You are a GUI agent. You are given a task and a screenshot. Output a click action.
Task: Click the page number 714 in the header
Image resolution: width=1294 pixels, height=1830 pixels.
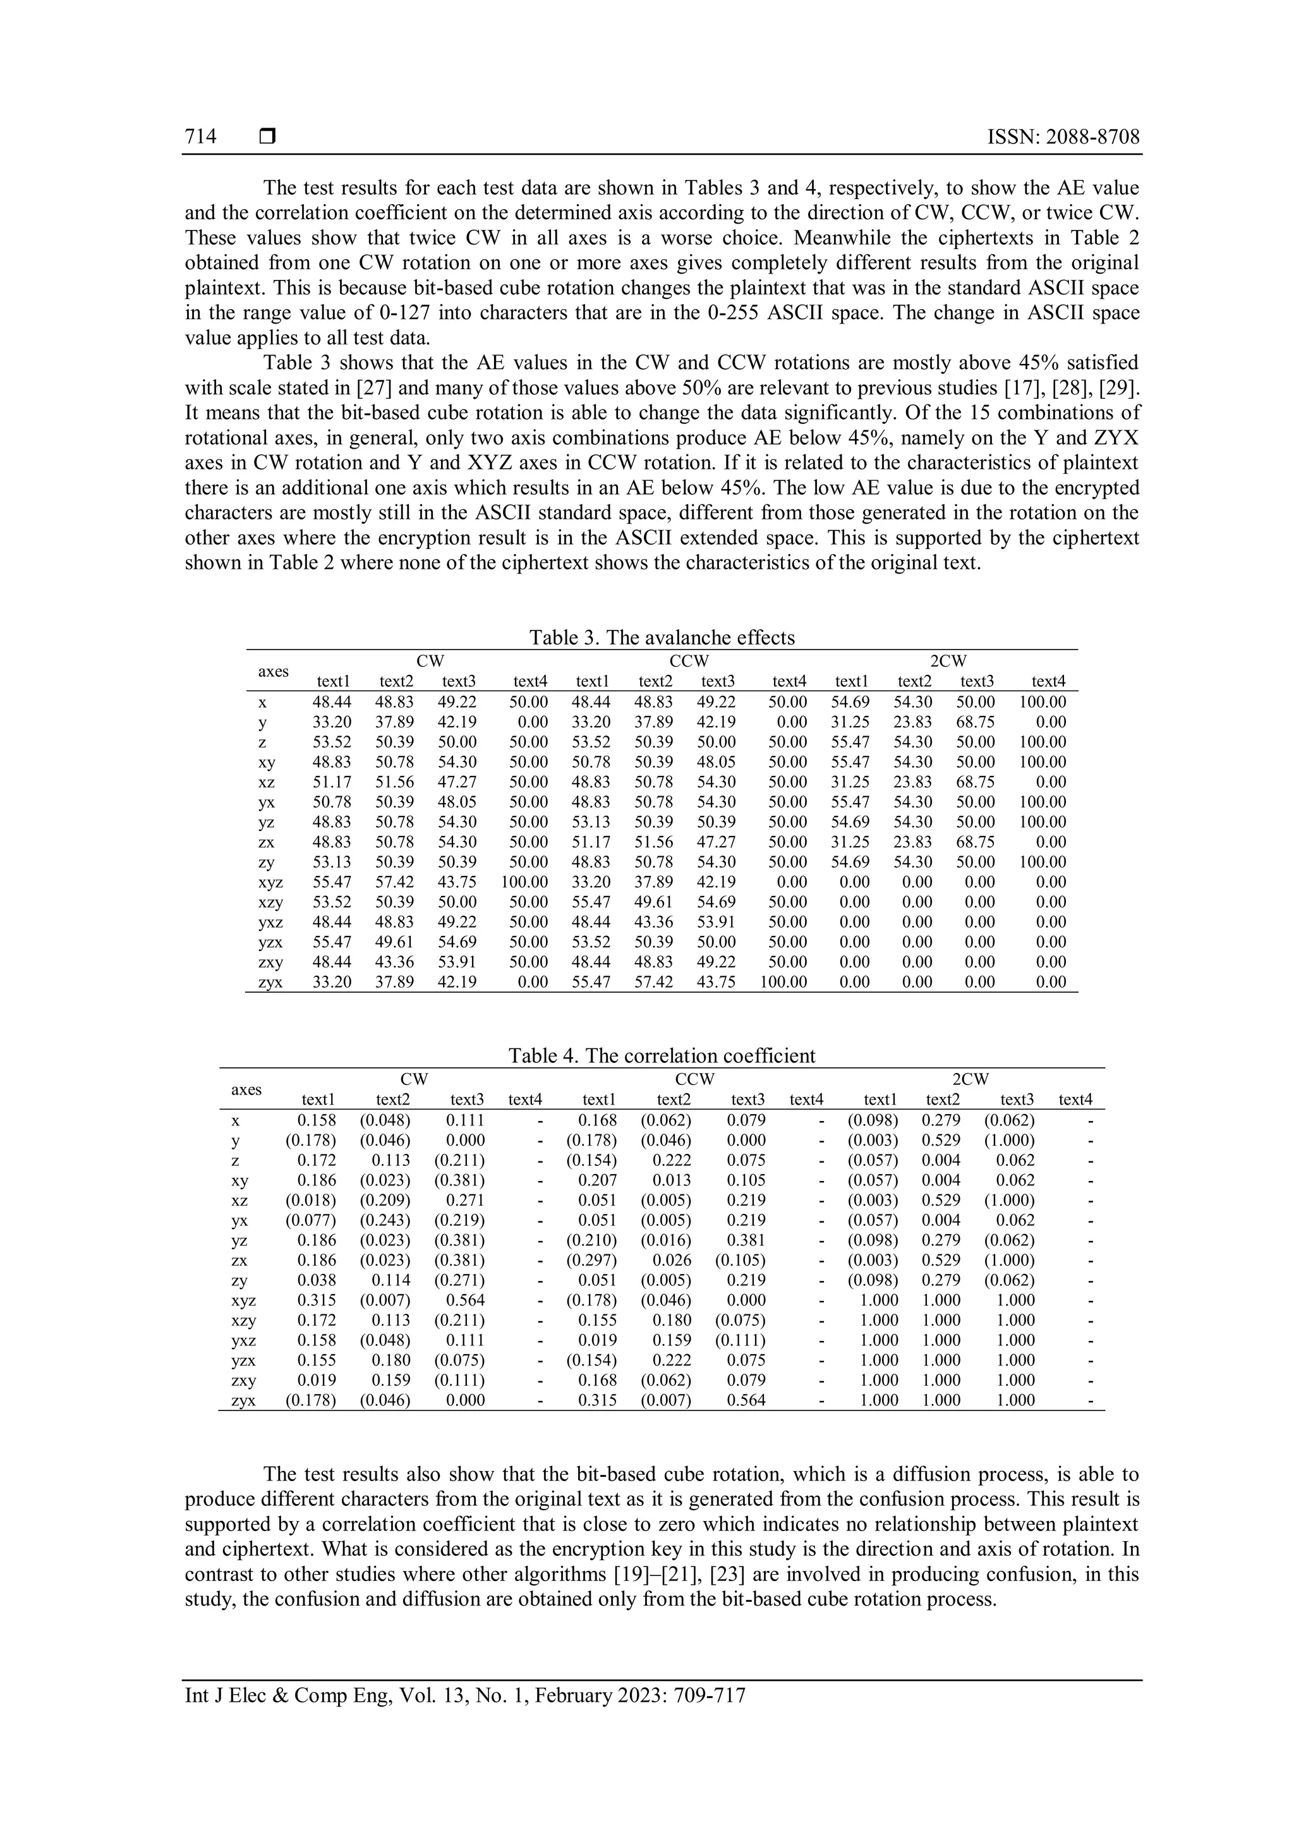tap(201, 137)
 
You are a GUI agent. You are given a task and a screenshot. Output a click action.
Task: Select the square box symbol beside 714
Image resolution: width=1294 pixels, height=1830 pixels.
tap(268, 138)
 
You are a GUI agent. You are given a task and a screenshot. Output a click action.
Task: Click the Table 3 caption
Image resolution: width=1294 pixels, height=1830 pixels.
tap(662, 638)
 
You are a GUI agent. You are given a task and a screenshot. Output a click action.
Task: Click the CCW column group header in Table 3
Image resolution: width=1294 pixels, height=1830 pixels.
tap(689, 662)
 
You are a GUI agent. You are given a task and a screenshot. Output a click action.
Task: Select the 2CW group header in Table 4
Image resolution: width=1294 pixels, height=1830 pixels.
tap(970, 1079)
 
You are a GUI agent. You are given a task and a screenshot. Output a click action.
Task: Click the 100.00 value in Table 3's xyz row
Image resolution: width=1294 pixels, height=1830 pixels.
tap(524, 882)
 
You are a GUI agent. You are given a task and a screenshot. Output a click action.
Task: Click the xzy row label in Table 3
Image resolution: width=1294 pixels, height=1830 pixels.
tap(271, 902)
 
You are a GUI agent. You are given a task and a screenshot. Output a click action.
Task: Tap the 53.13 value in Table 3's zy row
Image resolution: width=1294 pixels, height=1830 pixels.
tap(332, 863)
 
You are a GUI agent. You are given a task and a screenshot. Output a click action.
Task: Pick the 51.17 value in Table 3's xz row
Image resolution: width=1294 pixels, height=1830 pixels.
tap(332, 783)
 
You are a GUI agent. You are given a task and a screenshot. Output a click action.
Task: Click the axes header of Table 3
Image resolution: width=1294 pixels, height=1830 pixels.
tap(274, 671)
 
